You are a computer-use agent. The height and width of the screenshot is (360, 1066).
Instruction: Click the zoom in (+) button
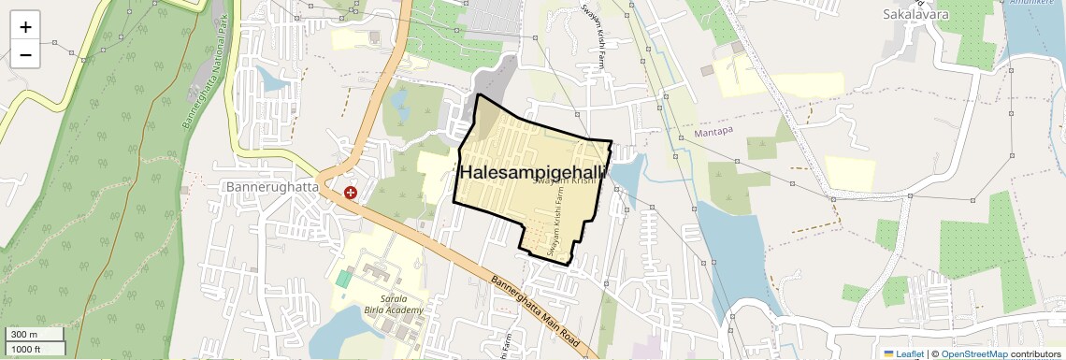25,27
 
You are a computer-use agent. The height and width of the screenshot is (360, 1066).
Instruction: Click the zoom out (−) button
25,55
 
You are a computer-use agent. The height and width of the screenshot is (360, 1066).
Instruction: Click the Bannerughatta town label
272,187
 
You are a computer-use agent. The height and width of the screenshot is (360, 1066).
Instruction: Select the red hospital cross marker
351,193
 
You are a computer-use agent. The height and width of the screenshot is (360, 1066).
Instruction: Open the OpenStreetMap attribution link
973,353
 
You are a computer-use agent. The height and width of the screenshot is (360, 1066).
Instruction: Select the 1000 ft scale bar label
28,348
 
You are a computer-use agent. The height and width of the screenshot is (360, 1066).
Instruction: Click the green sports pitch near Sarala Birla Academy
345,279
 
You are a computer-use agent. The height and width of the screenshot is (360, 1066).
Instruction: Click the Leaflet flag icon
889,353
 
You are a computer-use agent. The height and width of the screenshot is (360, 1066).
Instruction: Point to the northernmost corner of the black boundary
479,94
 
